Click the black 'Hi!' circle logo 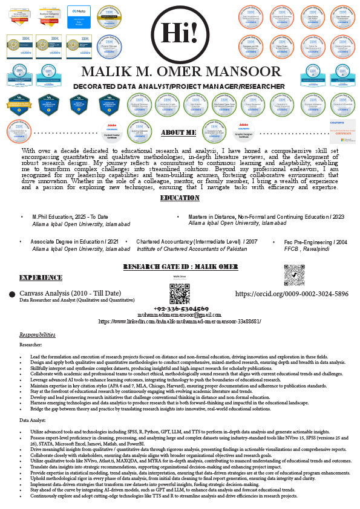click(x=180, y=31)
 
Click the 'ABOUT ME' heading click(x=179, y=132)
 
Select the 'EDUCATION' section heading click(x=180, y=198)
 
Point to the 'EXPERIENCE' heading click(x=41, y=277)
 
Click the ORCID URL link click(x=292, y=294)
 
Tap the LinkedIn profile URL click(x=180, y=322)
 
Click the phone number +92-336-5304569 click(x=180, y=308)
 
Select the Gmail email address click(x=180, y=315)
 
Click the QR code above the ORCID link click(x=294, y=275)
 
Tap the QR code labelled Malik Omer click(x=180, y=293)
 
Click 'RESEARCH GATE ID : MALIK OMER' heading click(x=180, y=267)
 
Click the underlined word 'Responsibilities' click(x=38, y=334)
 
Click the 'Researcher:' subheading click(x=31, y=344)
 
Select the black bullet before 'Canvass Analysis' click(x=12, y=294)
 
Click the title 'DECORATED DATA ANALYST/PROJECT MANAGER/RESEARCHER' click(x=180, y=87)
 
